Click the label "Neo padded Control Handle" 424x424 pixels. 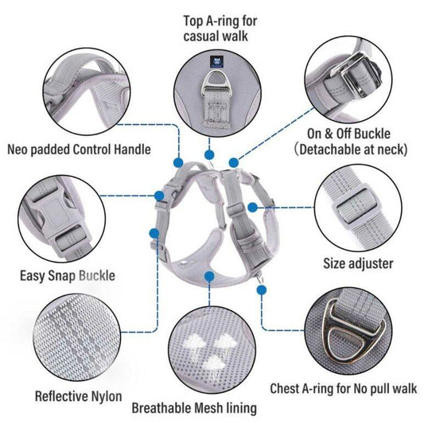[79, 150]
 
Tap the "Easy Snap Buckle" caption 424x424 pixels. [68, 276]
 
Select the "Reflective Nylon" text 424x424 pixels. [79, 397]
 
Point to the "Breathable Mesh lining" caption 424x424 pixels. [194, 408]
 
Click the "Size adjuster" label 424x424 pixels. [358, 263]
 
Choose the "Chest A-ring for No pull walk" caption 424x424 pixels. [344, 389]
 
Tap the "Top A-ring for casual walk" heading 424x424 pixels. [220, 29]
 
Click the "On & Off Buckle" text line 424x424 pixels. [348, 134]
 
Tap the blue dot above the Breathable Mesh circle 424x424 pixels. [209, 277]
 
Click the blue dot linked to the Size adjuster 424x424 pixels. [252, 208]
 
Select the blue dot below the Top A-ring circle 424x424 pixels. [209, 155]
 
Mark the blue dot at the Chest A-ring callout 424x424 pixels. [261, 290]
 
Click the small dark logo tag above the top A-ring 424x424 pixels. [215, 62]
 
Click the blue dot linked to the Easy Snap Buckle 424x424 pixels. [159, 196]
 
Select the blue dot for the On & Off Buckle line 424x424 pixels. [234, 163]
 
